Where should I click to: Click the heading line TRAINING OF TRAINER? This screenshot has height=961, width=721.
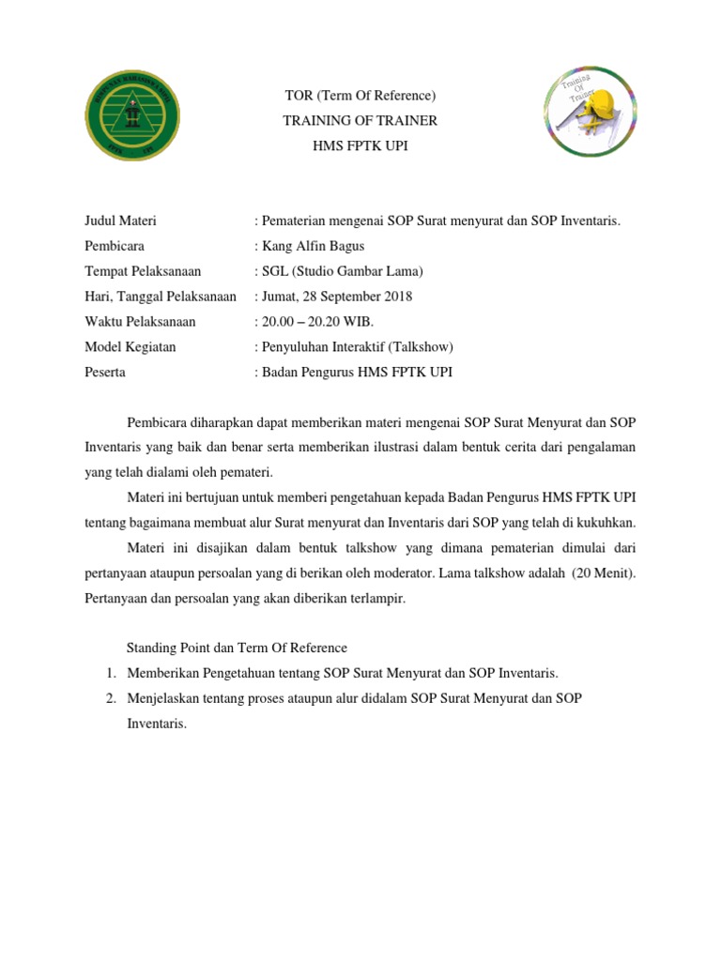pyautogui.click(x=360, y=121)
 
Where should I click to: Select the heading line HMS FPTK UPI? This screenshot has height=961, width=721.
pyautogui.click(x=360, y=146)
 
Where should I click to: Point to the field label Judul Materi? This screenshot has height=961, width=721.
pyautogui.click(x=120, y=221)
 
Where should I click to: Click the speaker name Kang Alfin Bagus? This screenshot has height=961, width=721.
pyautogui.click(x=310, y=246)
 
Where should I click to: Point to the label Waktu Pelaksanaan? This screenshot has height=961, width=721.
pyautogui.click(x=140, y=322)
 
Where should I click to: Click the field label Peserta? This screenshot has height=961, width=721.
pyautogui.click(x=105, y=373)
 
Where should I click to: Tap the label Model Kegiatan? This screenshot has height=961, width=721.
pyautogui.click(x=130, y=347)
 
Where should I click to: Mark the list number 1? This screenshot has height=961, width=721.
pyautogui.click(x=110, y=673)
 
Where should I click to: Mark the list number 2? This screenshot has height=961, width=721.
pyautogui.click(x=110, y=698)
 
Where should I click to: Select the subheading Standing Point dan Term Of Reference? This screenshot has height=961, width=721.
pyautogui.click(x=237, y=648)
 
